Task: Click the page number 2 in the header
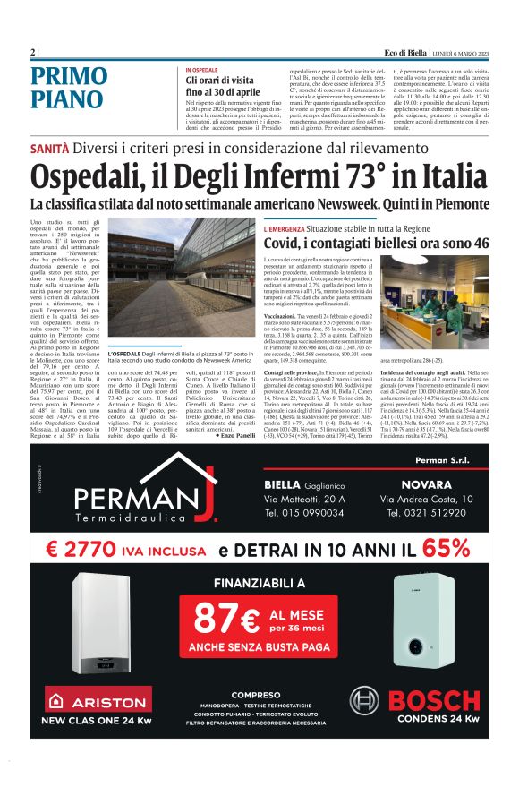32,53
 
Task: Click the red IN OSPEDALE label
201,70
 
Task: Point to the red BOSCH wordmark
435,699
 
